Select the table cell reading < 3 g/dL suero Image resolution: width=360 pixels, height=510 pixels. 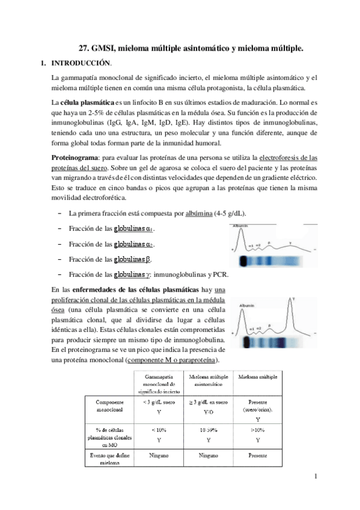[x=159, y=402]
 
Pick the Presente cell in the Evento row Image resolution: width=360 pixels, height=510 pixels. [x=257, y=455]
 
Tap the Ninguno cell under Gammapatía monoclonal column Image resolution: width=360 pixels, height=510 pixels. [x=159, y=455]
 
